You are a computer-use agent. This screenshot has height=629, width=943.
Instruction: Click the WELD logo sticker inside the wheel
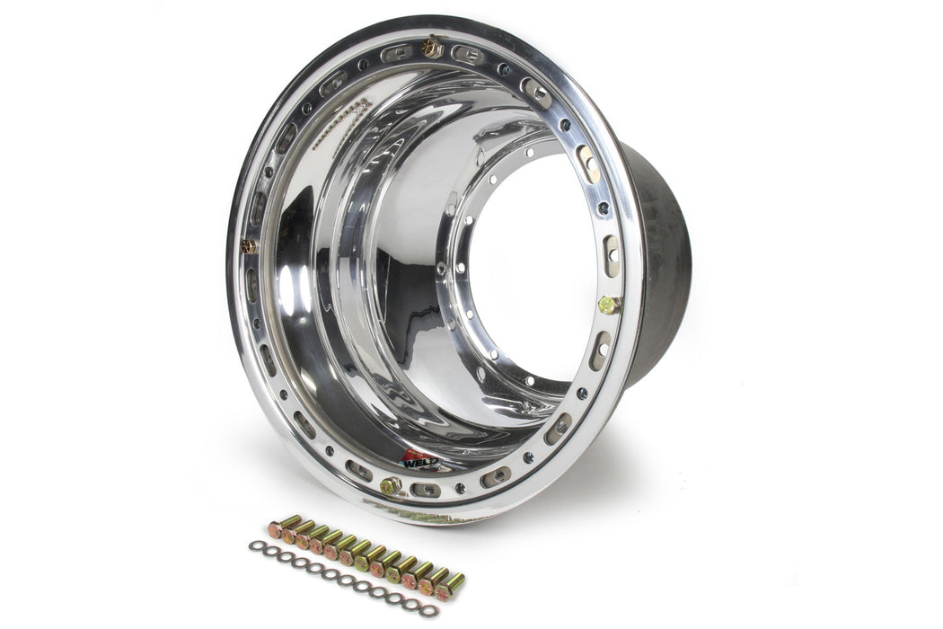419,460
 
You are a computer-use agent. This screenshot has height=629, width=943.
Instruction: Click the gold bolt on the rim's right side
607,305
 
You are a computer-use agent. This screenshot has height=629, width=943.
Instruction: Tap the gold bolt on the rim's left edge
248,245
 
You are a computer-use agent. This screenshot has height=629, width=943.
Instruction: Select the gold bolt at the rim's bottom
391,486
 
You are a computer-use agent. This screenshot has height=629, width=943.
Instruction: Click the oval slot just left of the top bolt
396,53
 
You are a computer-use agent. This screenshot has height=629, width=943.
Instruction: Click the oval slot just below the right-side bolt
600,350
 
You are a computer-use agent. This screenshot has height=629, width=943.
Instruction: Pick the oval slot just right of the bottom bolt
427,490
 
